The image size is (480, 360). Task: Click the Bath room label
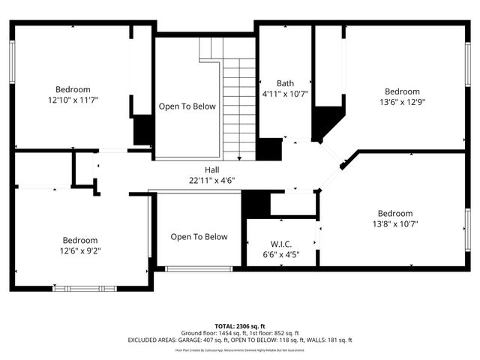(284, 83)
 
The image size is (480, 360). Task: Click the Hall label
(211, 169)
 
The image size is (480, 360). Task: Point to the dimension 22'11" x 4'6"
(211, 180)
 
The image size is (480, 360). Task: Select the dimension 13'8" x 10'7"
(394, 223)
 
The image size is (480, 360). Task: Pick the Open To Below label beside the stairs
(187, 106)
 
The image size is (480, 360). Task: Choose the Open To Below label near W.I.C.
(199, 237)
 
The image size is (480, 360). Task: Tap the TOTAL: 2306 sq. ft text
(239, 325)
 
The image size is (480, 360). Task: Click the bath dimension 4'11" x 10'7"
(284, 94)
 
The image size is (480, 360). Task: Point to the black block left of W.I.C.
(255, 204)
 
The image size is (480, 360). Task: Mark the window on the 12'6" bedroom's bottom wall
(88, 288)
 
